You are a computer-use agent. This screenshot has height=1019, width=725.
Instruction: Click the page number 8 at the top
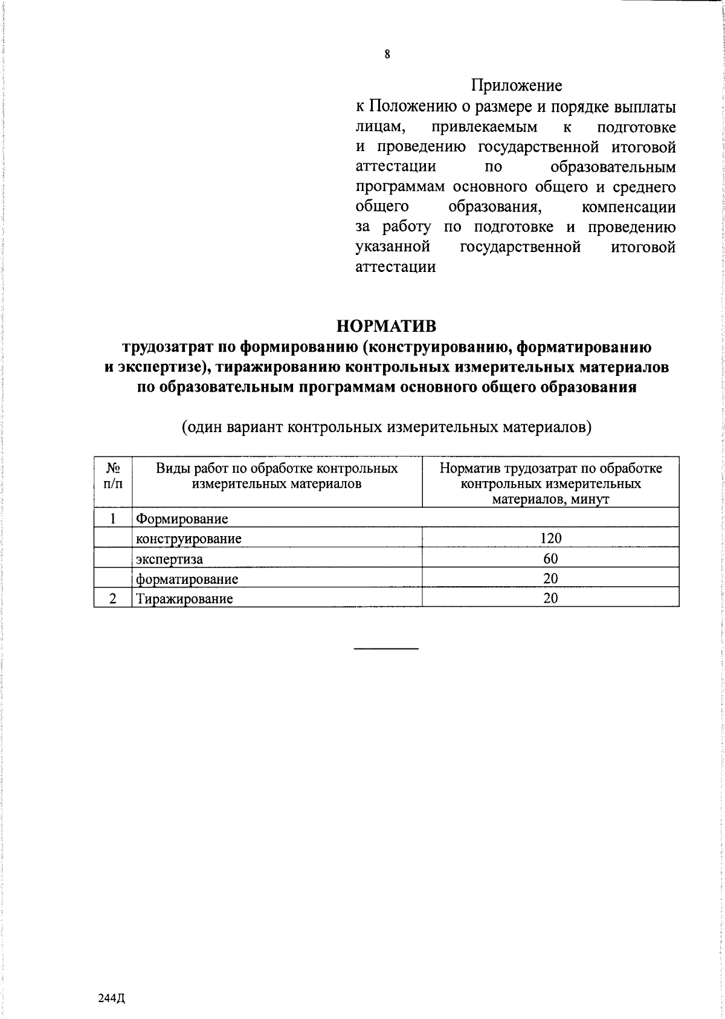[387, 55]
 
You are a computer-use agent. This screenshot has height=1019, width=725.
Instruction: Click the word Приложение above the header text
[517, 86]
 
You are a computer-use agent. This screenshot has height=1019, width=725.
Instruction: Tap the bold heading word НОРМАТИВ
[386, 326]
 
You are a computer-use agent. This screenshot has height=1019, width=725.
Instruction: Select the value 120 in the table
[550, 539]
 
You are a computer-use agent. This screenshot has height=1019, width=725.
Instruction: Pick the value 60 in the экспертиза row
[550, 558]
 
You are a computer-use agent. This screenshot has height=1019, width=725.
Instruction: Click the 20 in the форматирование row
[550, 578]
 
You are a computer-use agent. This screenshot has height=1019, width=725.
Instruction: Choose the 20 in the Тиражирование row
[550, 598]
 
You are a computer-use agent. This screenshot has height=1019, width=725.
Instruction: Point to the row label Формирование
[182, 519]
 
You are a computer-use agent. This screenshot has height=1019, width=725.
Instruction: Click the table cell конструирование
[188, 539]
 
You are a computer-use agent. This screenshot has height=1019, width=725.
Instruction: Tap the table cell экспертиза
[169, 559]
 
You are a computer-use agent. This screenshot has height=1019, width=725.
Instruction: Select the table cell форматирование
[187, 579]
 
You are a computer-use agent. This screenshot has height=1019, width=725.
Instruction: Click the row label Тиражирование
[184, 599]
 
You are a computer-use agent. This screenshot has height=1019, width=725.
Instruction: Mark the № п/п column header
[112, 476]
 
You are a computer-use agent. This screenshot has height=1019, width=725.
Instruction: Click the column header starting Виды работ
[277, 476]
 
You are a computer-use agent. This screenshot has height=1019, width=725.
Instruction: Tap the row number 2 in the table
[112, 599]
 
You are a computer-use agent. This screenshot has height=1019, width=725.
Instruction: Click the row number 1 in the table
[112, 519]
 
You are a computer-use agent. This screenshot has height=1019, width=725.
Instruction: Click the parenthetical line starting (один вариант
[386, 428]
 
